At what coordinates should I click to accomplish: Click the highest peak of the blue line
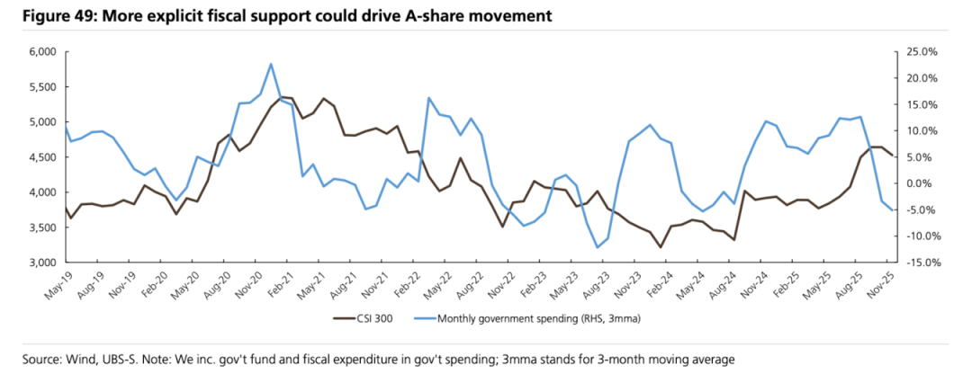[271, 64]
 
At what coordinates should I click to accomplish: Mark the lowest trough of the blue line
[597, 247]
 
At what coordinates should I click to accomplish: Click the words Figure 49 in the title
[44, 16]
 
